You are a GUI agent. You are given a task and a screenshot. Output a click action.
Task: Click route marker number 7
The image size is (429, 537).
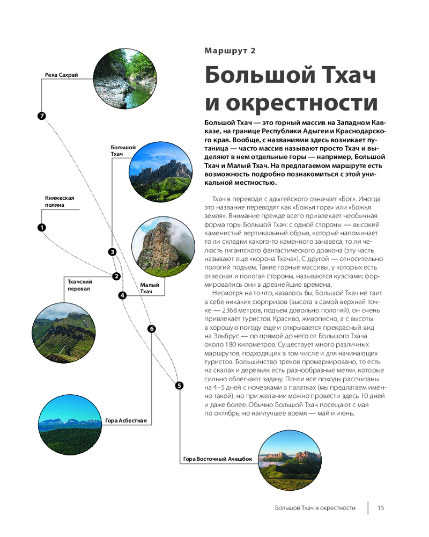42,116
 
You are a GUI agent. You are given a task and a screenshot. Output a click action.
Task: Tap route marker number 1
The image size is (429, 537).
42,227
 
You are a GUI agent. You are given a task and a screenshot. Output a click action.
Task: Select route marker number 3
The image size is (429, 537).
112,252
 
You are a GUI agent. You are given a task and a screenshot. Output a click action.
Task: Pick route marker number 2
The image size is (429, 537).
117,276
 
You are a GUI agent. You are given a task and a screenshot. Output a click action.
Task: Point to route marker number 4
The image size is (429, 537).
122,295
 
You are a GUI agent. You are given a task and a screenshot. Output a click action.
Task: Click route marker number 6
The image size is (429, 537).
152,329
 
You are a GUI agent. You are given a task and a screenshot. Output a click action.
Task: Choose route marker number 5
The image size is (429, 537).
179,386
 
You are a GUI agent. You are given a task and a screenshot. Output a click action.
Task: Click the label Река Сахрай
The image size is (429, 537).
62,75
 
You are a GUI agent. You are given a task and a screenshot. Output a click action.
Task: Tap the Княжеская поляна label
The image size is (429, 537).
60,201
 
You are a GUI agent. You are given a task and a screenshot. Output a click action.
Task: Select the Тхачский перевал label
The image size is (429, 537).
80,285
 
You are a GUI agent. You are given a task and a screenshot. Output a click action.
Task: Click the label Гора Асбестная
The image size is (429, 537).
126,420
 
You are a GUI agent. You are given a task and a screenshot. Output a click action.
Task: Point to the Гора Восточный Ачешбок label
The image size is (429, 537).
218,459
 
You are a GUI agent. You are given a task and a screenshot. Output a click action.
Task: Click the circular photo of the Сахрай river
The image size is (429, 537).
125,79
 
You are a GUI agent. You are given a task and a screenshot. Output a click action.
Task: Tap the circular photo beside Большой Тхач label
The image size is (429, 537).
161,172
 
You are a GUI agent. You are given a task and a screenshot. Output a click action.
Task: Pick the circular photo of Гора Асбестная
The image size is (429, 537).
70,425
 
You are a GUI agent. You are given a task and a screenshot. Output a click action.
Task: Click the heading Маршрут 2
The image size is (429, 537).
230,50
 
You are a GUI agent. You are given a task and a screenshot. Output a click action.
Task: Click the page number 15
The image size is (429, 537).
381,508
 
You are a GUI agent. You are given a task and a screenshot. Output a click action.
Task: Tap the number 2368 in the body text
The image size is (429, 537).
232,310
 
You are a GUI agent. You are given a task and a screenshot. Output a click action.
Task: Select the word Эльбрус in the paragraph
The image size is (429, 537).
226,336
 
